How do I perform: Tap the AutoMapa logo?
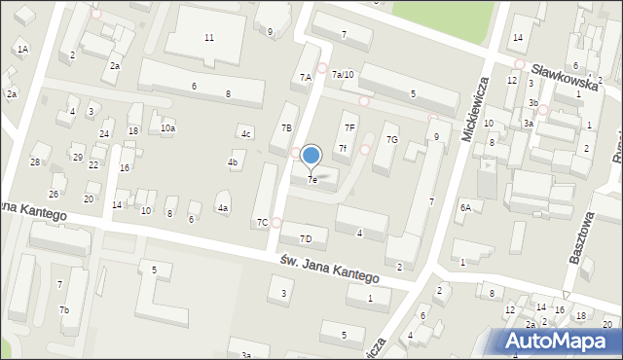coord(558,341)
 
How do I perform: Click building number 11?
coord(209,37)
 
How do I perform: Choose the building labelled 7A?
coord(305,76)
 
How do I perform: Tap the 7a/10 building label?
coord(343,74)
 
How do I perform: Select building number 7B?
coord(286,127)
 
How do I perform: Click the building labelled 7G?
coord(391,140)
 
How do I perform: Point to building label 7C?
coord(262,223)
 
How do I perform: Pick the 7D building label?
coord(306,238)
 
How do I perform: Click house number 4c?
coord(246,133)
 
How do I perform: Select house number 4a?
coord(223,208)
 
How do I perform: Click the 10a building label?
coord(168,127)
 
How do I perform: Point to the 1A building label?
coord(22,48)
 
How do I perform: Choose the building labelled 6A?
coord(466,207)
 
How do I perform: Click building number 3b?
coord(533,102)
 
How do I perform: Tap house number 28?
coord(35,162)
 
